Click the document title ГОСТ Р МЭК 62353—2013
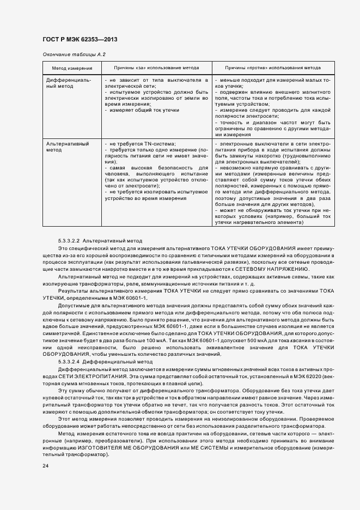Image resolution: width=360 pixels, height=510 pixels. (x=80, y=40)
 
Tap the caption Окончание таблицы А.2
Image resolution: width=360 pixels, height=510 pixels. (x=74, y=55)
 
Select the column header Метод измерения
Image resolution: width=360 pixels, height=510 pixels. (x=72, y=69)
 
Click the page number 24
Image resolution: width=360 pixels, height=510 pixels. (x=46, y=466)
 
